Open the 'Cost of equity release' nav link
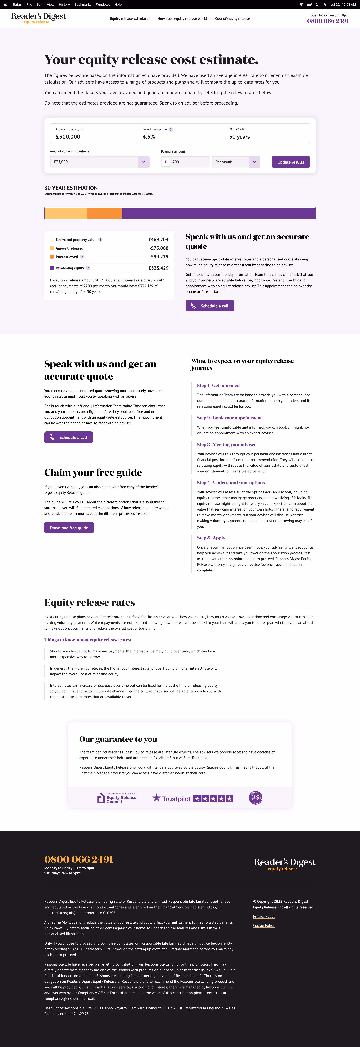click(232, 19)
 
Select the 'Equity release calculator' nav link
click(130, 19)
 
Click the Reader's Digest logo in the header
click(39, 18)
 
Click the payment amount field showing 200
click(189, 162)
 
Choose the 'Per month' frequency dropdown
click(236, 162)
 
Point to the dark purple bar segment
click(218, 213)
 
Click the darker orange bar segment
click(104, 213)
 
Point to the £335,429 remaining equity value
click(158, 268)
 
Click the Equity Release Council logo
click(117, 798)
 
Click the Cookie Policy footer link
click(264, 925)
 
